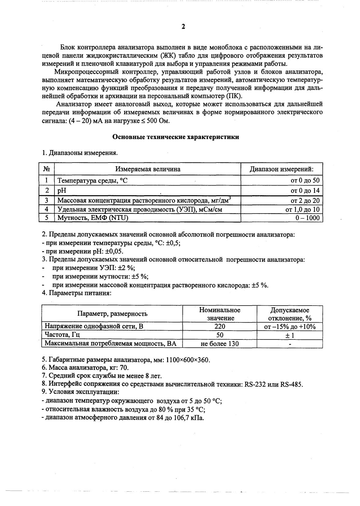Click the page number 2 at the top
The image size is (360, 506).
[183, 27]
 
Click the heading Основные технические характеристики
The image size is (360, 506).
[176, 137]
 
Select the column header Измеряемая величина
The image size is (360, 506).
[148, 169]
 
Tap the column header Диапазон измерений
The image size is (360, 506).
[281, 169]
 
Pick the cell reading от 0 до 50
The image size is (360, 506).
[305, 181]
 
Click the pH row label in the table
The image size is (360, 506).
[62, 190]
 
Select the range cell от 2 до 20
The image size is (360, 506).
[305, 200]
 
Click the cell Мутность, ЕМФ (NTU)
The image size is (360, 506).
[93, 218]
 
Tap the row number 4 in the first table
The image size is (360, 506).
[47, 209]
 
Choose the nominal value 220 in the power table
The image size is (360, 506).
[220, 326]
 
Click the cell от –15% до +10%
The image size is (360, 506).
[289, 326]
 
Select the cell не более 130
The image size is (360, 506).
[220, 343]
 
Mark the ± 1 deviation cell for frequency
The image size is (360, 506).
[289, 335]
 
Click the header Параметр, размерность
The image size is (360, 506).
[112, 313]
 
